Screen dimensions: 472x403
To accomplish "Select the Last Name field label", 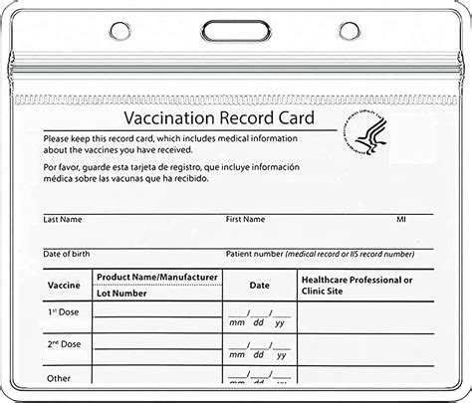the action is [x=63, y=219].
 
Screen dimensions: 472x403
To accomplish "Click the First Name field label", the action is [x=247, y=219].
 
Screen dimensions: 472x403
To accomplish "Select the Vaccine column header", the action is [x=64, y=286].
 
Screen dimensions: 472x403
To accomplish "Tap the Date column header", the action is [x=259, y=286].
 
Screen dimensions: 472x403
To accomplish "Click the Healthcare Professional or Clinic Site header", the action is [x=357, y=286].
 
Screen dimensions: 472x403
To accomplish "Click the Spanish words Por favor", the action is [x=63, y=167].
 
